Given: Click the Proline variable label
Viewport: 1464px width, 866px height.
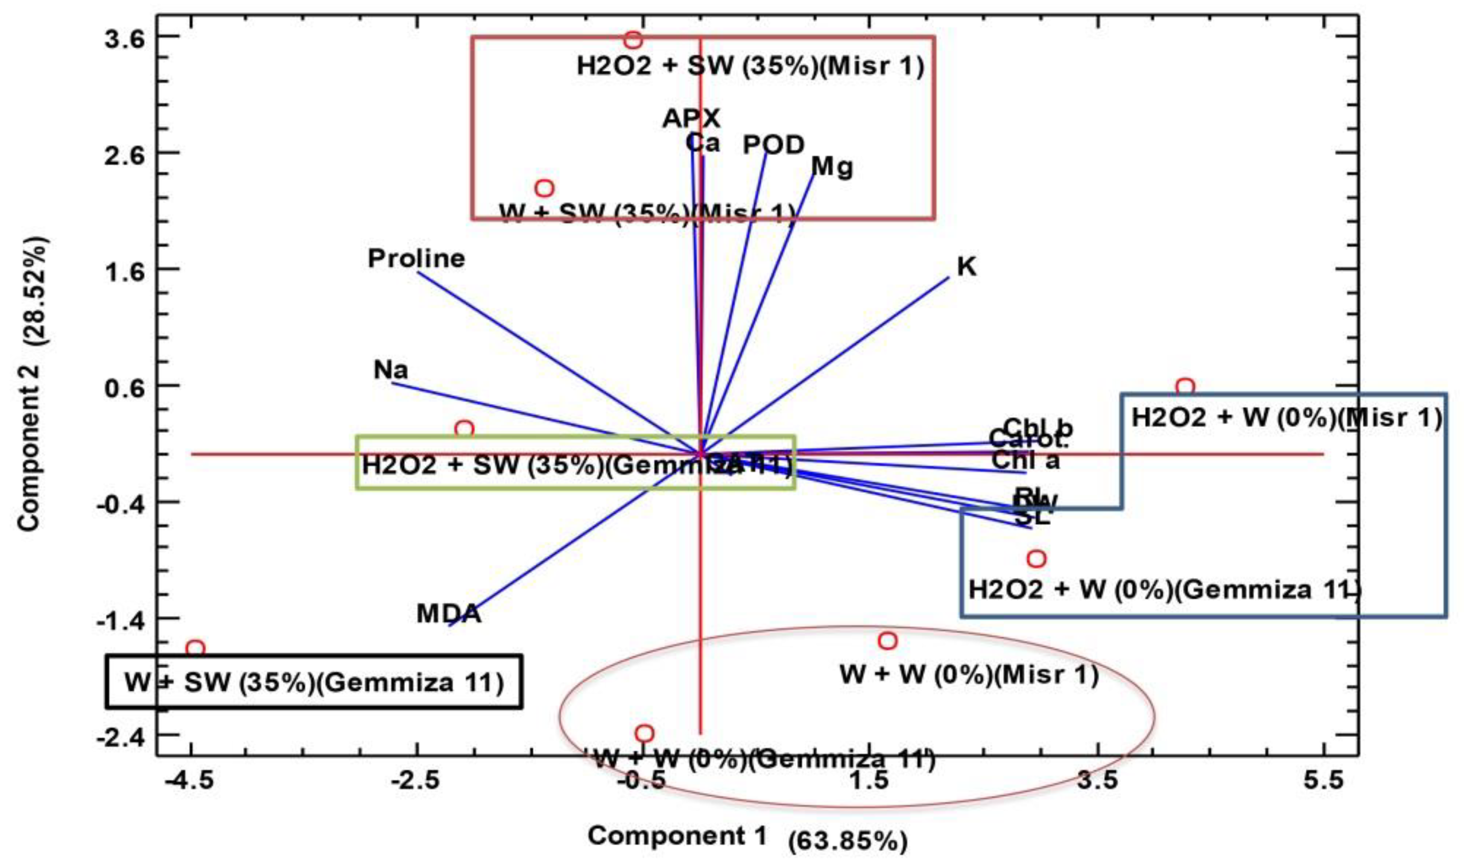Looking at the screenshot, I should click(x=416, y=258).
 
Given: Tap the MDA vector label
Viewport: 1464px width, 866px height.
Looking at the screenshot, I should click(x=448, y=614).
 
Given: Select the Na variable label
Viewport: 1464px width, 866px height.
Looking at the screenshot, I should click(x=391, y=370).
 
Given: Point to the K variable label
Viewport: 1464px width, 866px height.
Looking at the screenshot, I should click(x=967, y=267).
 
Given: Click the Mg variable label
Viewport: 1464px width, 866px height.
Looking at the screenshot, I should click(x=833, y=167).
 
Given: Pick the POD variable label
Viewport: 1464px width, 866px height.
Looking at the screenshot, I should click(x=774, y=145).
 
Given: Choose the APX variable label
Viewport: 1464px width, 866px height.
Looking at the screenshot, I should click(x=691, y=119).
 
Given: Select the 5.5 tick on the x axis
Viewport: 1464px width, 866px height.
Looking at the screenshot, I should click(x=1323, y=781).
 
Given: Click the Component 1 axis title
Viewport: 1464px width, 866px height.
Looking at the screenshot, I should click(x=676, y=836).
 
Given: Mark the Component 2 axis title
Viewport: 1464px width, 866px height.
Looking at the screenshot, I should click(x=31, y=383).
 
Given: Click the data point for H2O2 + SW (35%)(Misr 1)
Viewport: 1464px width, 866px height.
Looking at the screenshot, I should click(x=633, y=40).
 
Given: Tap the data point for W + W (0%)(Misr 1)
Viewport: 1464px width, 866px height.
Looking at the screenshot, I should click(x=887, y=641).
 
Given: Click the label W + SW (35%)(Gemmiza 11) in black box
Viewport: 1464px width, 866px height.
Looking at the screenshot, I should click(x=314, y=682).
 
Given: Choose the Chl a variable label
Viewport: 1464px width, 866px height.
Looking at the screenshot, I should click(x=1026, y=461).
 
